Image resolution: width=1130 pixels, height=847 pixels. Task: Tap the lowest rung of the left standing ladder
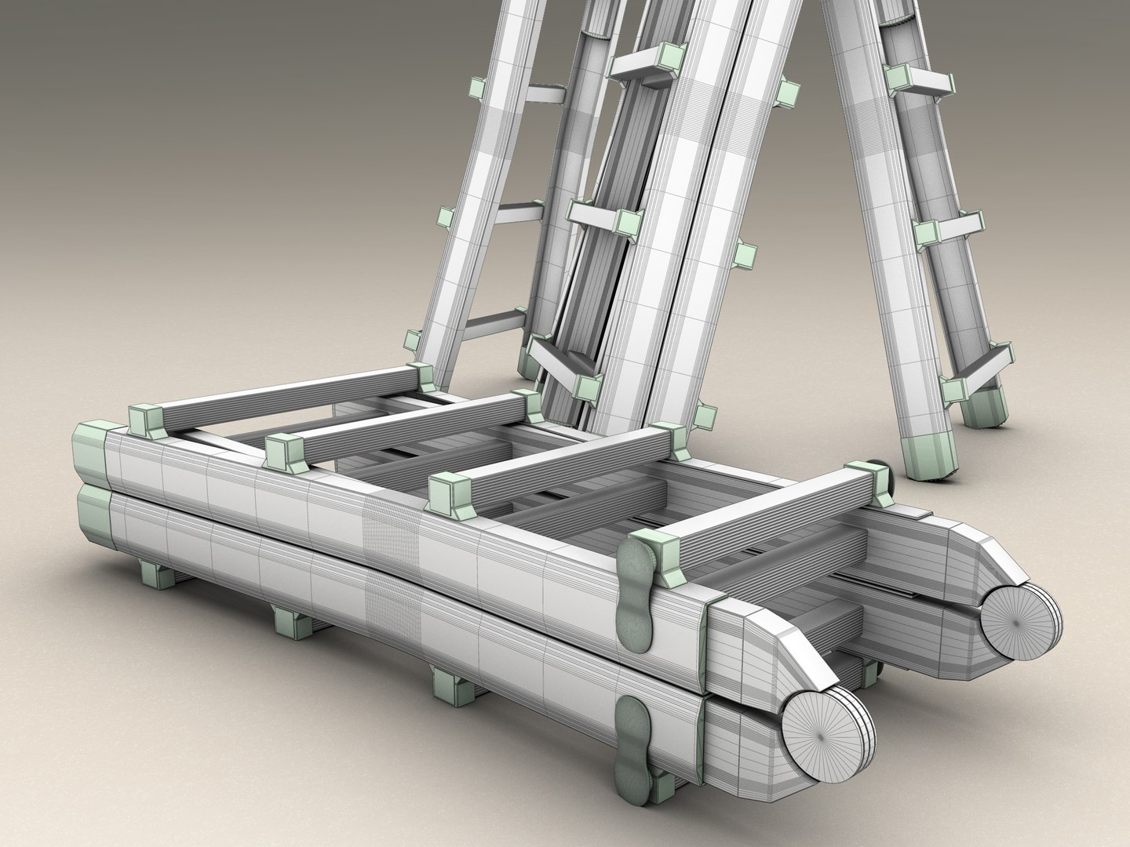click(487, 322)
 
